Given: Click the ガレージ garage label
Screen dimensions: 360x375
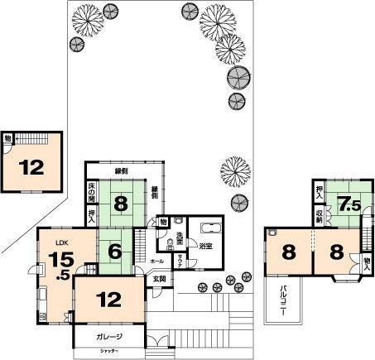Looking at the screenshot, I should point(108,336).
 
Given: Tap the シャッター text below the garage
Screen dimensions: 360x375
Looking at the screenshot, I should point(109,353).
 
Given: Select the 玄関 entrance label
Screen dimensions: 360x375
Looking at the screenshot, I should point(159,279).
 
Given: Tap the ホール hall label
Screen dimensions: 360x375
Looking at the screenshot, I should point(156,261).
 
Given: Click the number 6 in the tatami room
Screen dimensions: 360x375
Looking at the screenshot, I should point(115,252).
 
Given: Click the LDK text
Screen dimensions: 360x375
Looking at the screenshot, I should point(62,242).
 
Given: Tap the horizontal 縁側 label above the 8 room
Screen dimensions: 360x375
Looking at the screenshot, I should point(122,171).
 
